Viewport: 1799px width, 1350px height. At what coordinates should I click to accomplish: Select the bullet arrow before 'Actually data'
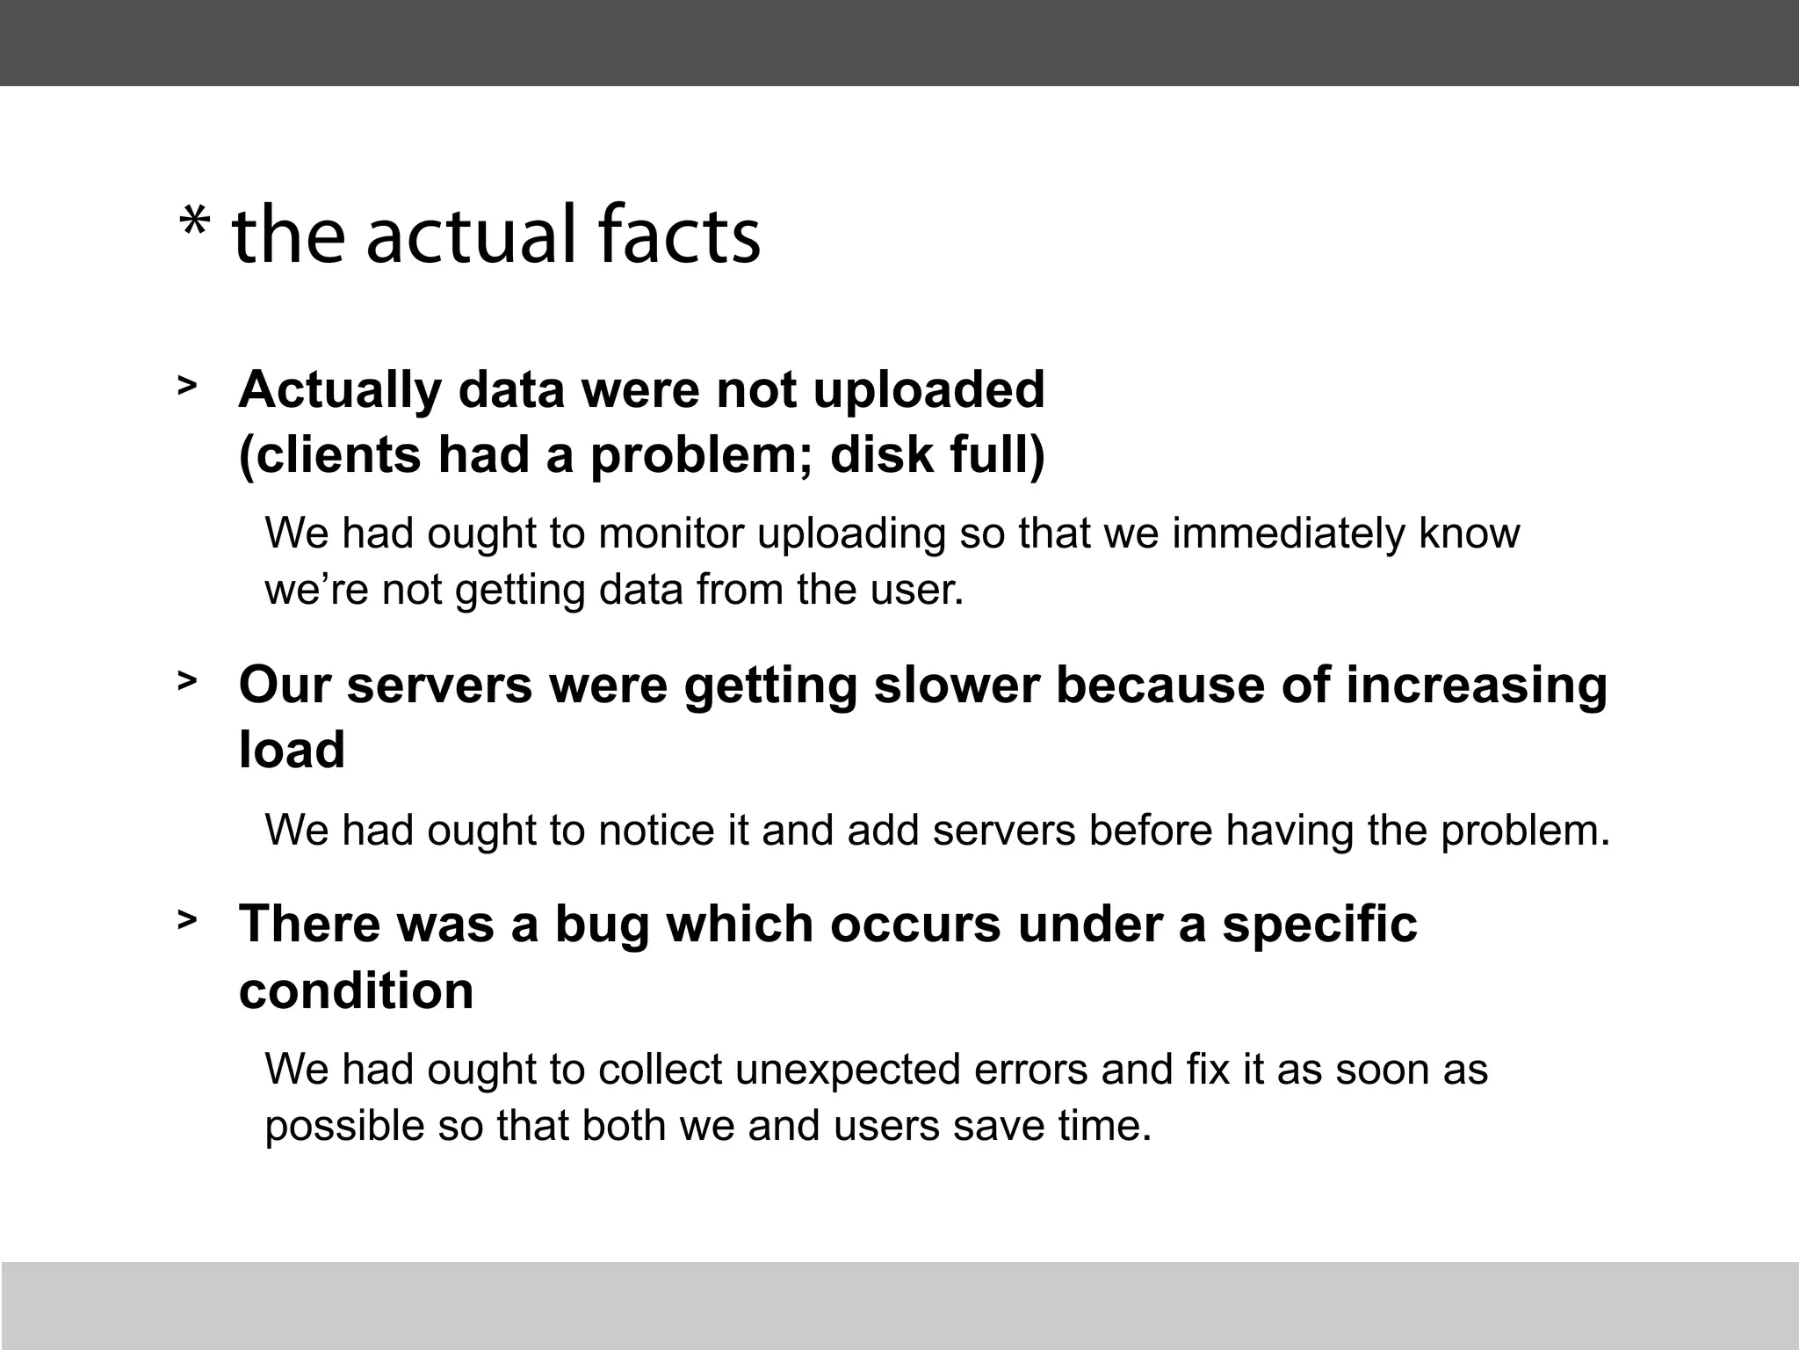[x=186, y=385]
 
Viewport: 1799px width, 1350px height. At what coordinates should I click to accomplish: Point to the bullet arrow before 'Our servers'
[x=186, y=680]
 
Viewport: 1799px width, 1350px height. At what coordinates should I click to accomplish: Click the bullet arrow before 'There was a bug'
[x=186, y=919]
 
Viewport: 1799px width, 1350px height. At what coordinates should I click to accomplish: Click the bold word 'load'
[x=292, y=751]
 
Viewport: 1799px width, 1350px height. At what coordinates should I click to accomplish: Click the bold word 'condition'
[x=356, y=991]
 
